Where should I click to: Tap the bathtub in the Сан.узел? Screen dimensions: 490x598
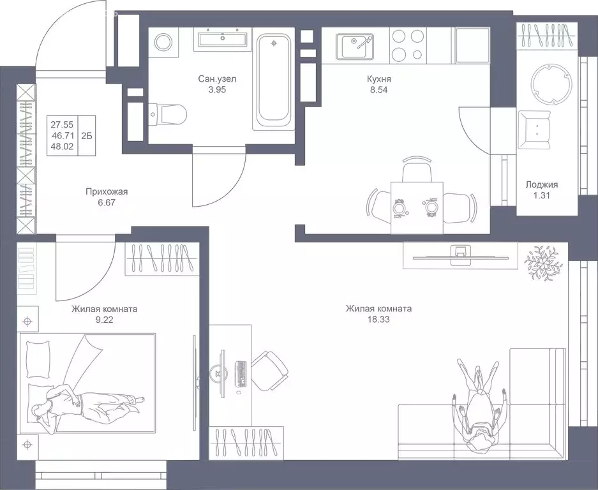point(274,81)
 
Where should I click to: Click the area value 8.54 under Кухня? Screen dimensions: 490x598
point(378,90)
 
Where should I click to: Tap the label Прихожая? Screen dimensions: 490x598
point(107,191)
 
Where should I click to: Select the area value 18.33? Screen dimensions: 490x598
point(378,320)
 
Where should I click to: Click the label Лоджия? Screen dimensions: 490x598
point(541,184)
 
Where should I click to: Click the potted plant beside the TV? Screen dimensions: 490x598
point(541,263)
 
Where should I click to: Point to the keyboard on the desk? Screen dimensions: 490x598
point(241,374)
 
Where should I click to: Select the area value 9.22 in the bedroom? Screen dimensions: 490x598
point(104,320)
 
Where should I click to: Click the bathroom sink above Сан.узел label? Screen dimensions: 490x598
point(223,40)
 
